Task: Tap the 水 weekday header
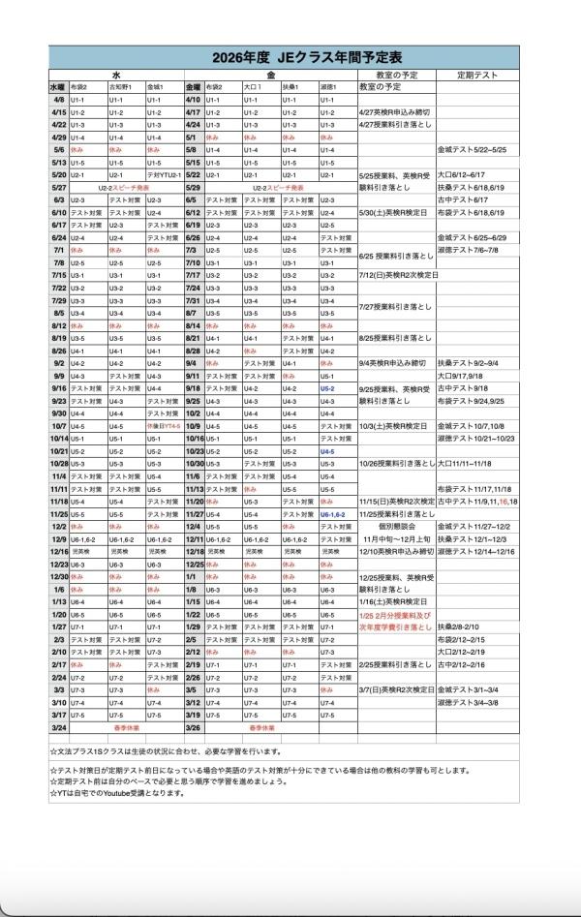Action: pyautogui.click(x=115, y=74)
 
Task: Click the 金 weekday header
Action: pyautogui.click(x=270, y=74)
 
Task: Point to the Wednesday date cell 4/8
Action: pyautogui.click(x=58, y=100)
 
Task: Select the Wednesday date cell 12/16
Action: pyautogui.click(x=57, y=551)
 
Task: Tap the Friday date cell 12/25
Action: pyautogui.click(x=193, y=564)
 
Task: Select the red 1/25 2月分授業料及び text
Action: pyautogui.click(x=394, y=614)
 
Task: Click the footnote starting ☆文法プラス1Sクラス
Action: pyautogui.click(x=165, y=750)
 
